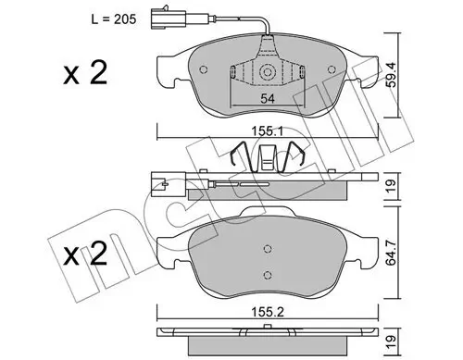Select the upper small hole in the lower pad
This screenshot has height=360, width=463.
[266, 247]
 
